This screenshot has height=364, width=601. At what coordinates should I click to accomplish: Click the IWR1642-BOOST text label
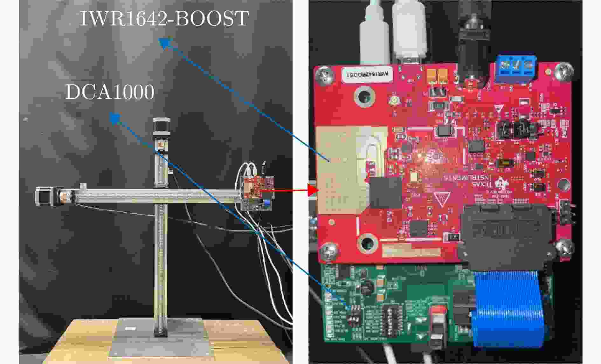164,18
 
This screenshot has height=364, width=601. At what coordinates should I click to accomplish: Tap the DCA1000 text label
110,92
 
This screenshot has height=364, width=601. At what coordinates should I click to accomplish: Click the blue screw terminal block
515,70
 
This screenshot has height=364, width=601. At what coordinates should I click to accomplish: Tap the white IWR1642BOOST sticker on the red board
367,74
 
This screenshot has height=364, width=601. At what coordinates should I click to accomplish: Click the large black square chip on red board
386,192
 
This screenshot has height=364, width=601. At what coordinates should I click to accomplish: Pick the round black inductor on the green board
369,287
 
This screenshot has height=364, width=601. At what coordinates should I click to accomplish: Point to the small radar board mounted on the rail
257,192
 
